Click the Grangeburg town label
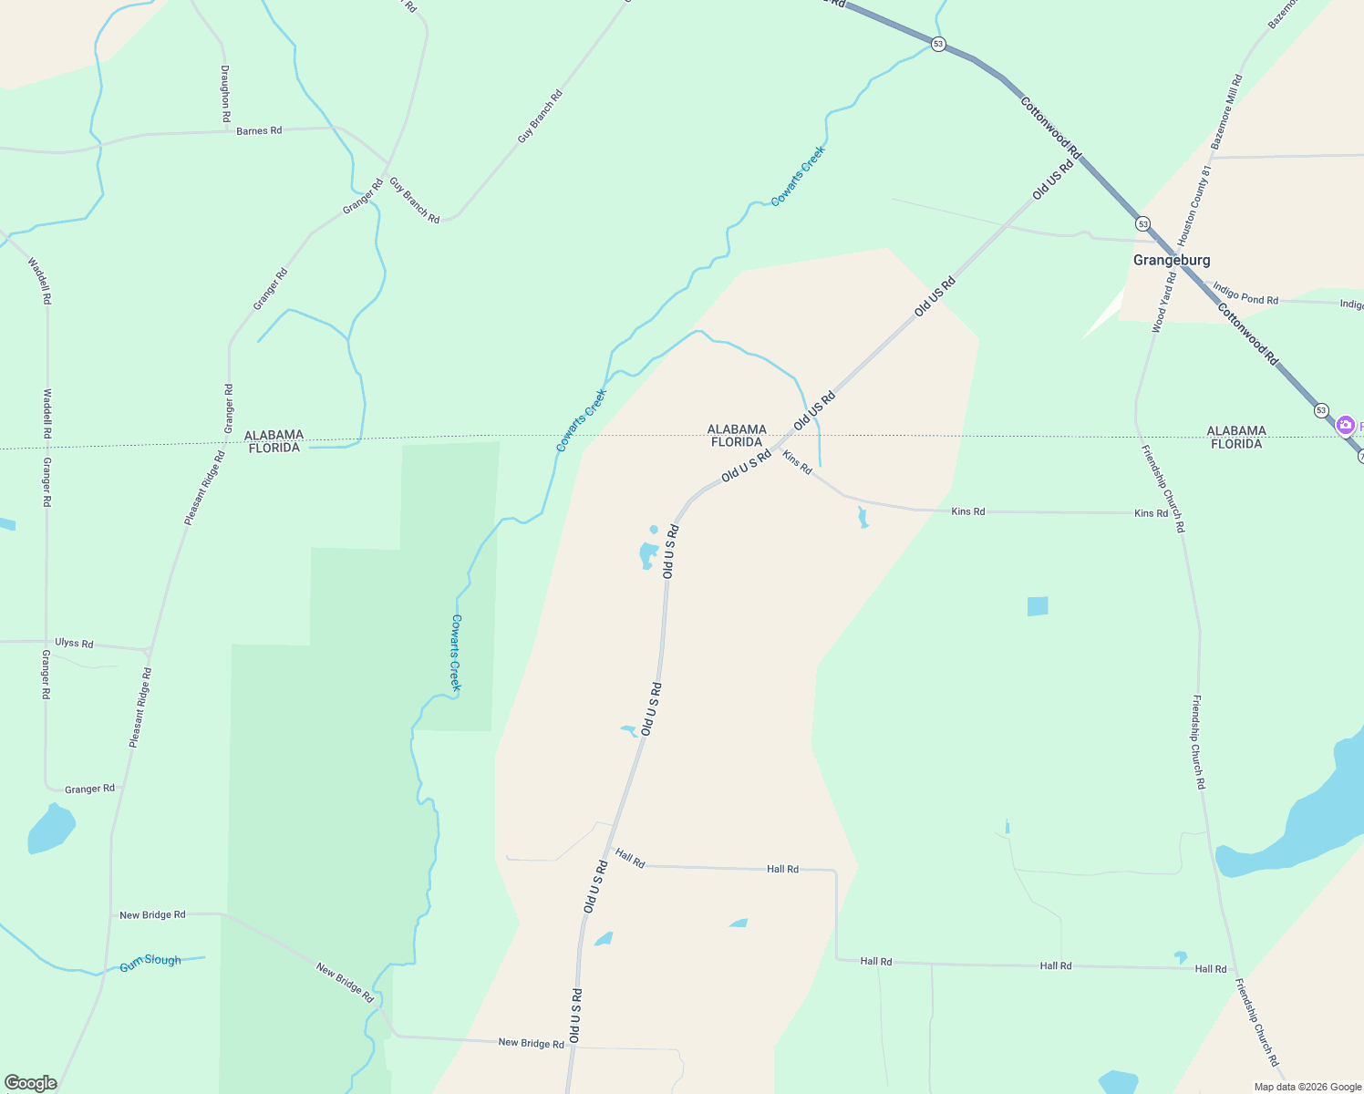[1172, 260]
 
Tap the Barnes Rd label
[259, 131]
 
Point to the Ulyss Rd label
[74, 643]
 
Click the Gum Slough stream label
[150, 962]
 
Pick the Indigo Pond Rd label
[1245, 294]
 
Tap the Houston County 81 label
[1195, 205]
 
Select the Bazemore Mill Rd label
[1226, 112]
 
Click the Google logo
[31, 1083]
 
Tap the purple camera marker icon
[1345, 426]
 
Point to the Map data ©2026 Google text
[1307, 1087]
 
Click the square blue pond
[1038, 606]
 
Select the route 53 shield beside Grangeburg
[1142, 223]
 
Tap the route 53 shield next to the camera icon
[1321, 410]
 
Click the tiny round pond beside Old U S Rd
[654, 530]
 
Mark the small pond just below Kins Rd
[863, 519]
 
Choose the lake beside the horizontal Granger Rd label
[51, 828]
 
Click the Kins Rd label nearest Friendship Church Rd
[1151, 513]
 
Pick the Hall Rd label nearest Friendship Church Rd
[1211, 969]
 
